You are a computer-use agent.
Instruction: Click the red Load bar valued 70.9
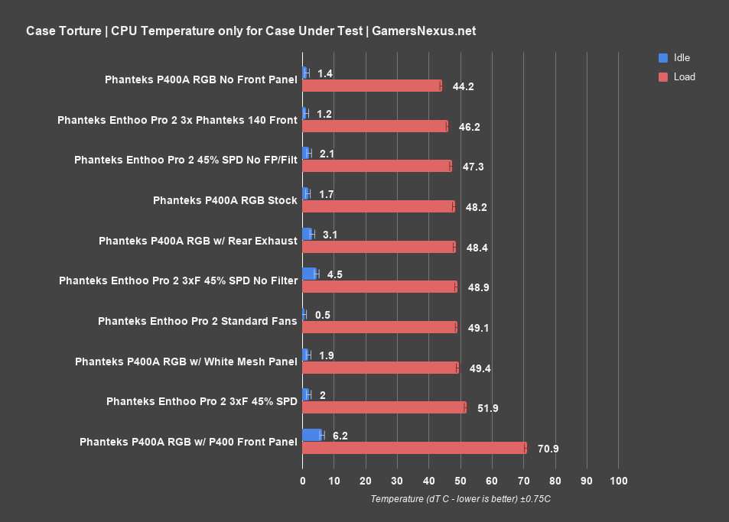[415, 448]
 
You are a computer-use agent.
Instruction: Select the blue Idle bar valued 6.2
[313, 435]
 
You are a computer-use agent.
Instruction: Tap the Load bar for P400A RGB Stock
[379, 206]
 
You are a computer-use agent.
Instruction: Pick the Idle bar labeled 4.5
[310, 274]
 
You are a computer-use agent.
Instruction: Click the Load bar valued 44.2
[372, 86]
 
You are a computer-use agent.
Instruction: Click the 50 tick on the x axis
[461, 481]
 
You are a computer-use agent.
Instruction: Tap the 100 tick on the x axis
[618, 481]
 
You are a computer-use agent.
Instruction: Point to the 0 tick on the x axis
[303, 481]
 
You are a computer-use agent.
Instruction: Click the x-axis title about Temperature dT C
[461, 499]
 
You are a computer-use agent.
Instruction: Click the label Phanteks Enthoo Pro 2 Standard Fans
[197, 321]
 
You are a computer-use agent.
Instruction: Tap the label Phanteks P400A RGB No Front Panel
[200, 79]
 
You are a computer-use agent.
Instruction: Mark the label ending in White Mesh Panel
[186, 362]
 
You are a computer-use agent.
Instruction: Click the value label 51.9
[487, 408]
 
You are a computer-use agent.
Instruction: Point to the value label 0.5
[322, 315]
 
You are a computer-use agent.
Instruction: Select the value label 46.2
[469, 126]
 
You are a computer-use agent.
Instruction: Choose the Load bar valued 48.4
[379, 247]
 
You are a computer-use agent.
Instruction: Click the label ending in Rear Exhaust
[197, 241]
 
